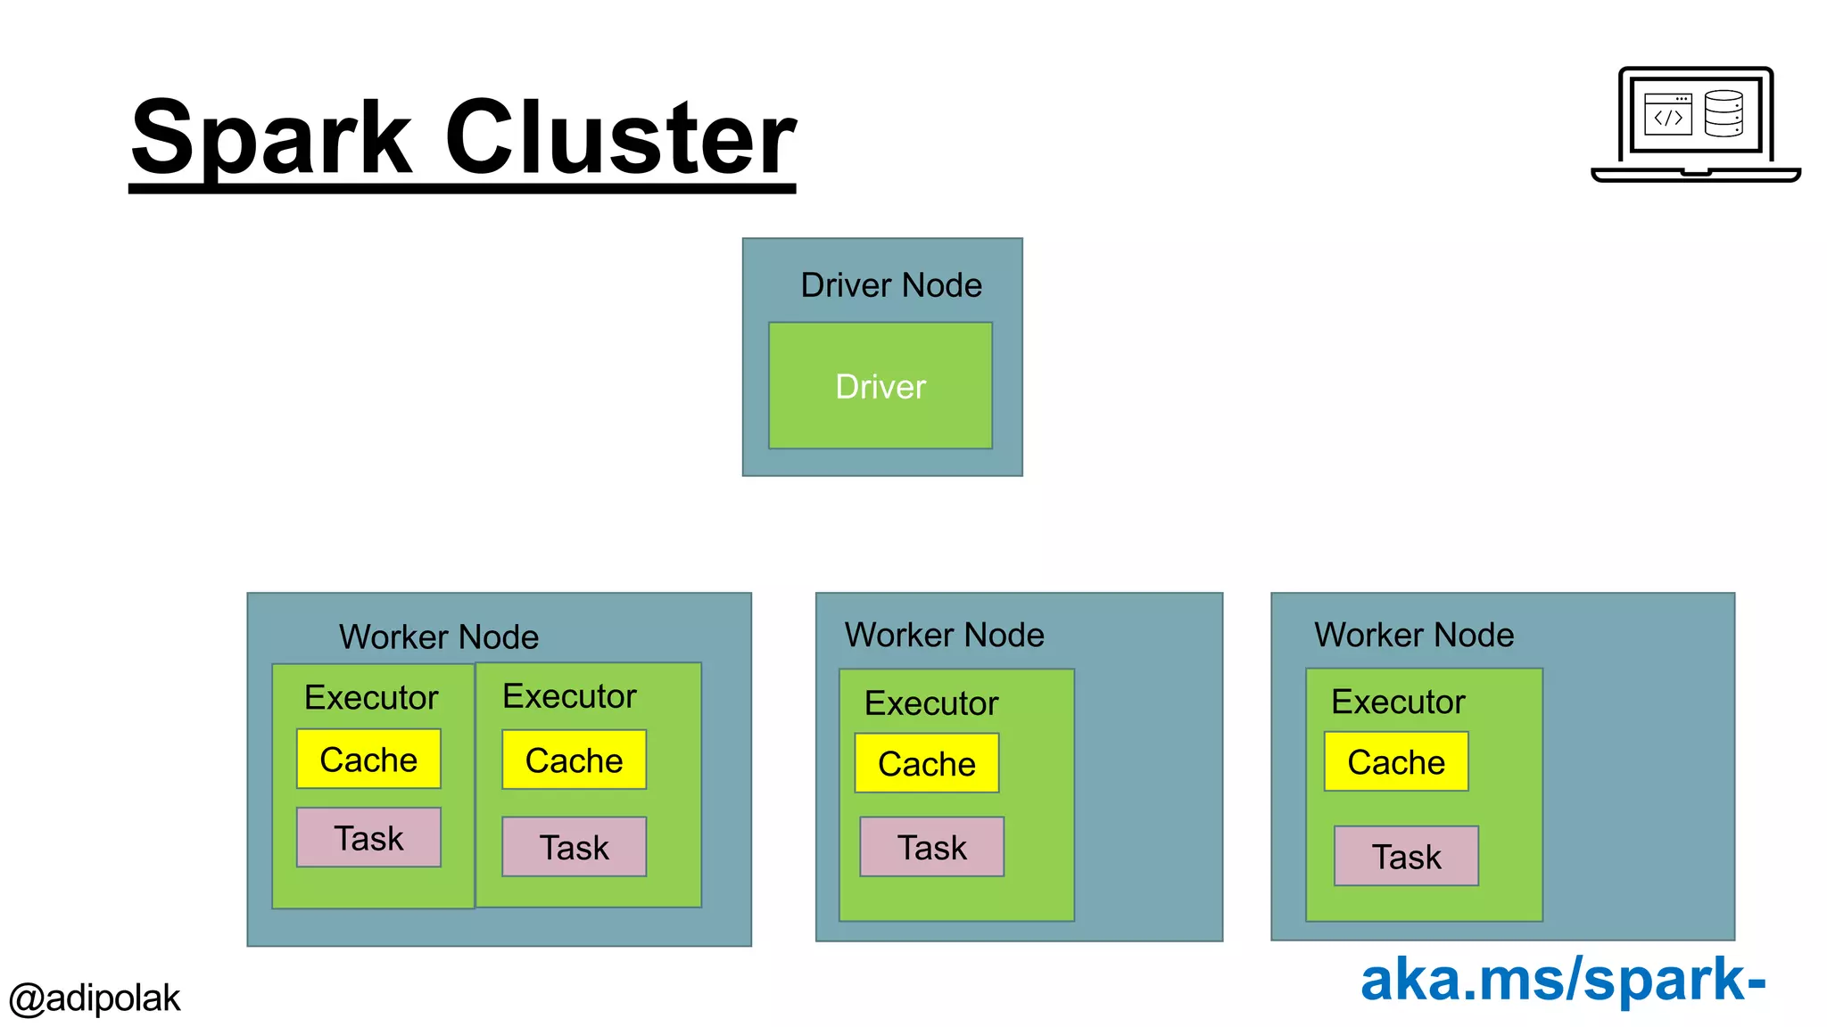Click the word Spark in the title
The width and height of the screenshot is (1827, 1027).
272,139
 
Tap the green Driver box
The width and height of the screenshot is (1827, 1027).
880,386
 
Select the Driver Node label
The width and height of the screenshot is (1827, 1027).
890,285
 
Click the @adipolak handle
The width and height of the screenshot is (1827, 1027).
95,998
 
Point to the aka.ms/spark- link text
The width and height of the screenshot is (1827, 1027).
1562,979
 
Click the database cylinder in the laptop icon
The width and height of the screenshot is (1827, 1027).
1723,113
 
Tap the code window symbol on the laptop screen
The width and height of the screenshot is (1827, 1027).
1667,114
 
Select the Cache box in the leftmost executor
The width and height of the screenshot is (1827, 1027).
368,760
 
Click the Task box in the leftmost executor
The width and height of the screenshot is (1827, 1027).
368,838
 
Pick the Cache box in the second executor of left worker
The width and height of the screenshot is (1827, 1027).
574,760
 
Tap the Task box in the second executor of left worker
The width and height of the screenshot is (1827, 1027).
574,847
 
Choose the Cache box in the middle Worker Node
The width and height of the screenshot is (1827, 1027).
926,764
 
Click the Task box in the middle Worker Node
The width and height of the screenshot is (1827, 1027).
931,847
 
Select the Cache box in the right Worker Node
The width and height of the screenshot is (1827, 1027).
1395,762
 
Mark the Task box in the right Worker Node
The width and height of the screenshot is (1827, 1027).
1406,857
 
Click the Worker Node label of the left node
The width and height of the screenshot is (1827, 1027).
438,637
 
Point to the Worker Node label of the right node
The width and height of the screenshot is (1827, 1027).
1413,635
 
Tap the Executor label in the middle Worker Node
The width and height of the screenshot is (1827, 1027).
930,703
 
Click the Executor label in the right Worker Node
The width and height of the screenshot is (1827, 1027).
1397,702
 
